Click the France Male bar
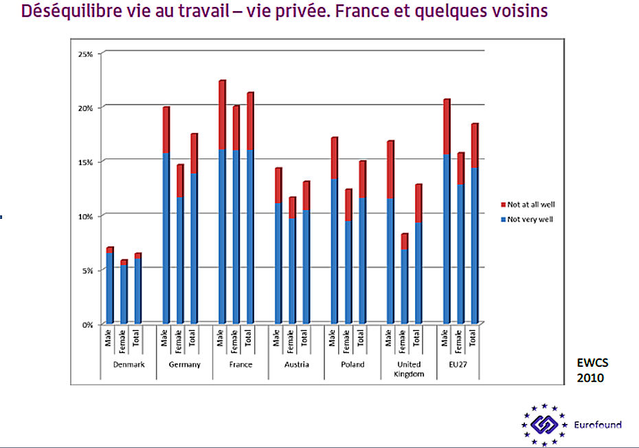222,202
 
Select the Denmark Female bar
124,292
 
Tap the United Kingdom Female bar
405,279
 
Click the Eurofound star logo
543,425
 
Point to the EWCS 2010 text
591,371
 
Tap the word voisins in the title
516,12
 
